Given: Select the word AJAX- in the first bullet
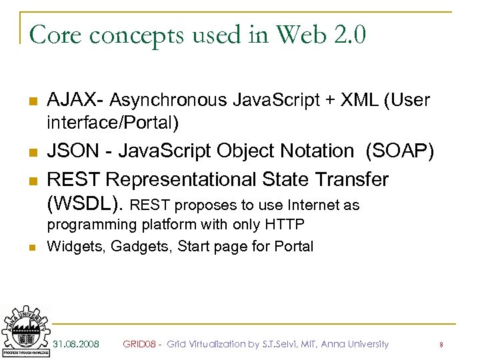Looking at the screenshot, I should tap(75, 101).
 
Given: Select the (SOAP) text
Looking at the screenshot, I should tap(399, 152).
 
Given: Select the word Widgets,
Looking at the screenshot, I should tap(76, 247).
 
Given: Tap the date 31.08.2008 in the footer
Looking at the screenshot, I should tap(76, 344).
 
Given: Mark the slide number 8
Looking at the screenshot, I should tap(441, 345).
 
